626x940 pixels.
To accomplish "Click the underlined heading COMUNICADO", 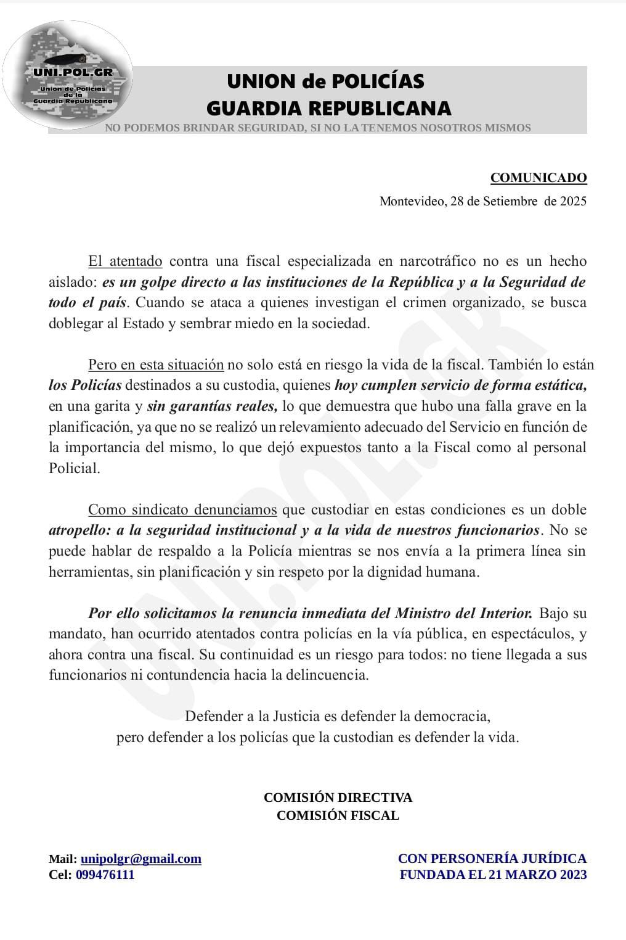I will (539, 178).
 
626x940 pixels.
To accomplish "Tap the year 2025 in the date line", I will (573, 201).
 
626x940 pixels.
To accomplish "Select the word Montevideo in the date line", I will (410, 201).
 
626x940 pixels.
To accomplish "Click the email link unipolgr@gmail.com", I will (140, 859).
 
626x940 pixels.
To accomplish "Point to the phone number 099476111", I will (105, 875).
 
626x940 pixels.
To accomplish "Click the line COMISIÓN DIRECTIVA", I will (338, 797).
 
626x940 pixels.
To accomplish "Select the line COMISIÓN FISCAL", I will (338, 815).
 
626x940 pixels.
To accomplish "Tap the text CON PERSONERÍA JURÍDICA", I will (492, 859).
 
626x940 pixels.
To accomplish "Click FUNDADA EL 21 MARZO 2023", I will (493, 875).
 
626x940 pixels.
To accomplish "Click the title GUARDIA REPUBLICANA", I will (328, 109).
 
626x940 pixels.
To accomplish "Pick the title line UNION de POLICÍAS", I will (325, 81).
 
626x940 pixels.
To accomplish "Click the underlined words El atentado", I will (125, 261).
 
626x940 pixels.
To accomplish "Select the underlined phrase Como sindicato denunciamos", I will (182, 509).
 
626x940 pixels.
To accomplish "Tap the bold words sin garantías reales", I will (212, 406).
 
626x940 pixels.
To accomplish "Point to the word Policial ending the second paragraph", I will (73, 468).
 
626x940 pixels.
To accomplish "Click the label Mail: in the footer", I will (63, 859).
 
